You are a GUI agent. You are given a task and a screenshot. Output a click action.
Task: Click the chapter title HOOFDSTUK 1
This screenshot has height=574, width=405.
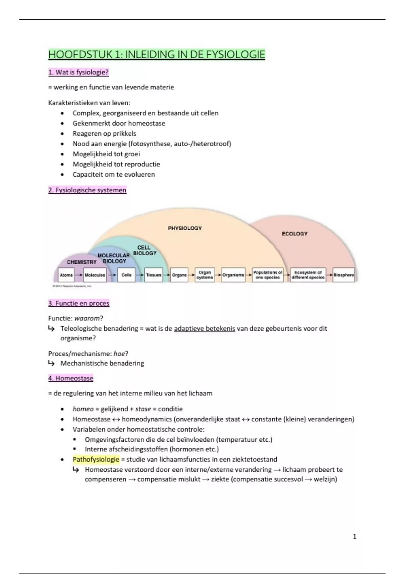157,54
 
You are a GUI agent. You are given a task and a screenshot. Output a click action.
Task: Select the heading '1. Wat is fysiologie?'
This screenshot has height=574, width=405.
78,72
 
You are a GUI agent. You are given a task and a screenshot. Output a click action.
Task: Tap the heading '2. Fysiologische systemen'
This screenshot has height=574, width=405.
87,190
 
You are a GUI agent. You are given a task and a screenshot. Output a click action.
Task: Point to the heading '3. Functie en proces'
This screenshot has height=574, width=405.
79,303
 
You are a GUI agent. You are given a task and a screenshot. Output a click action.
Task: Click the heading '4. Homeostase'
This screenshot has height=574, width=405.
71,378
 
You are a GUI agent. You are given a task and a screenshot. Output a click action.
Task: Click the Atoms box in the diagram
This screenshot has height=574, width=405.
66,275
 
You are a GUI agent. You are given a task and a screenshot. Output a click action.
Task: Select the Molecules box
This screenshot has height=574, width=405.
95,275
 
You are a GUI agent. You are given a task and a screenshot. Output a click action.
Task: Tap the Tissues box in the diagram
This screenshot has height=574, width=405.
154,275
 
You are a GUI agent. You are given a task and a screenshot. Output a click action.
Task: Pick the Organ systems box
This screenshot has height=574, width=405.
205,275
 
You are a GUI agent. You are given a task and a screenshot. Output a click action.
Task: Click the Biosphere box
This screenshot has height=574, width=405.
344,275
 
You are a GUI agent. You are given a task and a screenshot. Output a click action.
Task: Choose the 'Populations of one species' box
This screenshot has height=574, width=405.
268,275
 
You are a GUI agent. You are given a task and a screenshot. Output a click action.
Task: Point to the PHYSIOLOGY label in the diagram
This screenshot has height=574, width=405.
185,228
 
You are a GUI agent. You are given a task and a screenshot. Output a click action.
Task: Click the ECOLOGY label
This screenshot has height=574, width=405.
295,234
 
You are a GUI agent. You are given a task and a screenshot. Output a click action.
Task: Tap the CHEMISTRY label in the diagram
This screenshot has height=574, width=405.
82,262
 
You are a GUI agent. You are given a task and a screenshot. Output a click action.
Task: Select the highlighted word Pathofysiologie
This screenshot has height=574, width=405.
96,459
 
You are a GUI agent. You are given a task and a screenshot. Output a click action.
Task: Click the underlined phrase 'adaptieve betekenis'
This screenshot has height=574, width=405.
205,329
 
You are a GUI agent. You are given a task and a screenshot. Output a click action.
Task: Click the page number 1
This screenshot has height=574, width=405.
354,536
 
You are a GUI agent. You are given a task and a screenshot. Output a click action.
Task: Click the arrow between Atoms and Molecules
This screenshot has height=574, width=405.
79,275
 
